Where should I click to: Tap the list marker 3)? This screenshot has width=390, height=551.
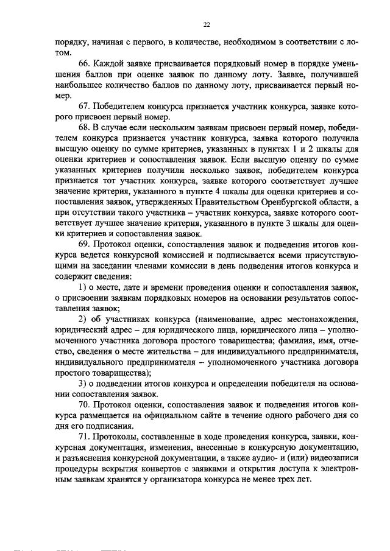(x=84, y=384)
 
